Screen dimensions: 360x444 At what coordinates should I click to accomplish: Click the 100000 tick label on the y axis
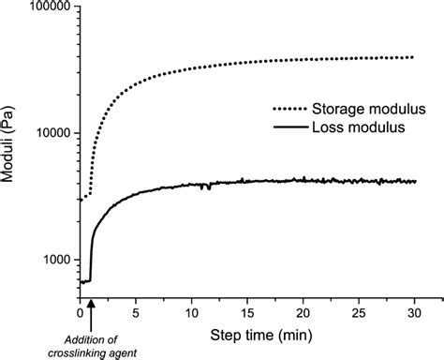[51, 7]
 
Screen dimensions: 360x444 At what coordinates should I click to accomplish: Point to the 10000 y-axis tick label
[53, 133]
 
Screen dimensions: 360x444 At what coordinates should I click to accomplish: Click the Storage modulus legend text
[363, 109]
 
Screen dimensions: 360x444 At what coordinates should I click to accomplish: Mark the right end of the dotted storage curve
[412, 57]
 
